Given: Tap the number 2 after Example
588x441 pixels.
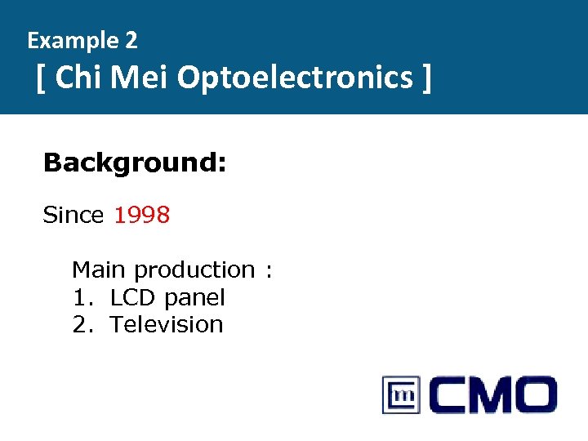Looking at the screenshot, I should [131, 40].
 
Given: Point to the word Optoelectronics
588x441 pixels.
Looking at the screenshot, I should [295, 78].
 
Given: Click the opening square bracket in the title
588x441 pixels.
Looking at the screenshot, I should [41, 79].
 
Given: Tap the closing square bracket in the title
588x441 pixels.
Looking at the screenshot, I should [425, 79].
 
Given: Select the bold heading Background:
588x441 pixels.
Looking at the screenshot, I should [135, 163].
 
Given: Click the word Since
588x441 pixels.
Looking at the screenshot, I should [73, 216].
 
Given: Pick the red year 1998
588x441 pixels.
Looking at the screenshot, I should [142, 216].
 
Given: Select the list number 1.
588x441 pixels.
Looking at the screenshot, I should [80, 297].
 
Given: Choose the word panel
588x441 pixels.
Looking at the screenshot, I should [194, 298].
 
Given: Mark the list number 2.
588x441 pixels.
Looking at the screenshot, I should [80, 324].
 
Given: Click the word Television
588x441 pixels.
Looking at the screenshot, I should [167, 324].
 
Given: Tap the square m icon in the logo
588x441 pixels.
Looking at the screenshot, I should [401, 395].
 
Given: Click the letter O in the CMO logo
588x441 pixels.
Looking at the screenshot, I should [528, 395].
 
